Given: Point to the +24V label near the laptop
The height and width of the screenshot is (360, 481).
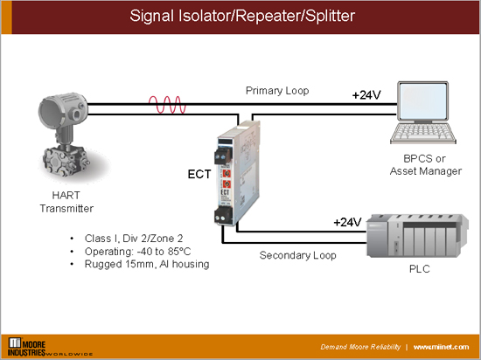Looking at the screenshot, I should tap(368, 94).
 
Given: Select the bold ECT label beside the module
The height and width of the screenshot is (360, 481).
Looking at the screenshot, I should tap(199, 174).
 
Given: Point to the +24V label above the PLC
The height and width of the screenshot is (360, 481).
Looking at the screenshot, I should tap(347, 222).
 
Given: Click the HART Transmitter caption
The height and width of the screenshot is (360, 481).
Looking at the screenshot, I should tap(66, 203).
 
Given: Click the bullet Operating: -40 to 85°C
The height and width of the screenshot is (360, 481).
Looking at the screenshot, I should tap(132, 252).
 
